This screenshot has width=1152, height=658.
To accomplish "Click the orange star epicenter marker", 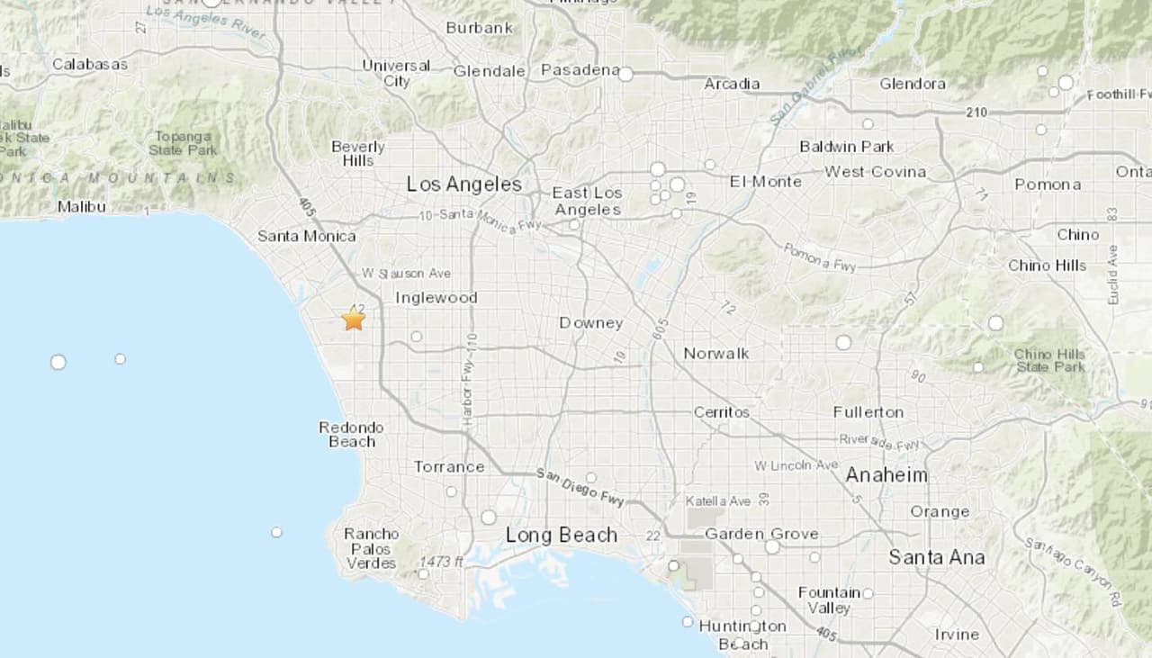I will pos(354,319).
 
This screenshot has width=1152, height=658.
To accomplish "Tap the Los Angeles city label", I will pos(463,185).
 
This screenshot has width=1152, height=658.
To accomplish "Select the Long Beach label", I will pos(562,536).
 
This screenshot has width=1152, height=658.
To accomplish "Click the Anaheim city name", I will pos(886,475).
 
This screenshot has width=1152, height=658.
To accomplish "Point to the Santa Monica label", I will pos(307,236).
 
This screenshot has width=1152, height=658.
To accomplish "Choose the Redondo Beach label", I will pos(351,434).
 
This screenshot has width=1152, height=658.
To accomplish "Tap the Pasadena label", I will pos(580,70).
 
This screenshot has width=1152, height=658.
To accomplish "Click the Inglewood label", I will pos(436,298).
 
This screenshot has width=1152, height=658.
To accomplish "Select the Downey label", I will pos(590,323).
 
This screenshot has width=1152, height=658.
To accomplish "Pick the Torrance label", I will pos(449,466).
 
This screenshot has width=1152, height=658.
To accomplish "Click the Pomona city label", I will pos(1048,185).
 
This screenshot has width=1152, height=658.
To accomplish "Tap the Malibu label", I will pos(82,207).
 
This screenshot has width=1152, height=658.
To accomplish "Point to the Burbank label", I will pos(480,28).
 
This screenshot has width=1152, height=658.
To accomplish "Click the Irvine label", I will pos(957,635).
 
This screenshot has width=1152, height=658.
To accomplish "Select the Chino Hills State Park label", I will pos(1049,360).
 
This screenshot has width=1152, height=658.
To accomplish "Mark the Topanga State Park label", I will pos(184,143).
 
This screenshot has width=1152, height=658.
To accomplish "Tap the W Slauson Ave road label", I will pos(406,274).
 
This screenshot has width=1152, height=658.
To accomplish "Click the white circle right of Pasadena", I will pos(625,75).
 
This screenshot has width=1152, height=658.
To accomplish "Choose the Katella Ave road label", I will pos(717,500).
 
